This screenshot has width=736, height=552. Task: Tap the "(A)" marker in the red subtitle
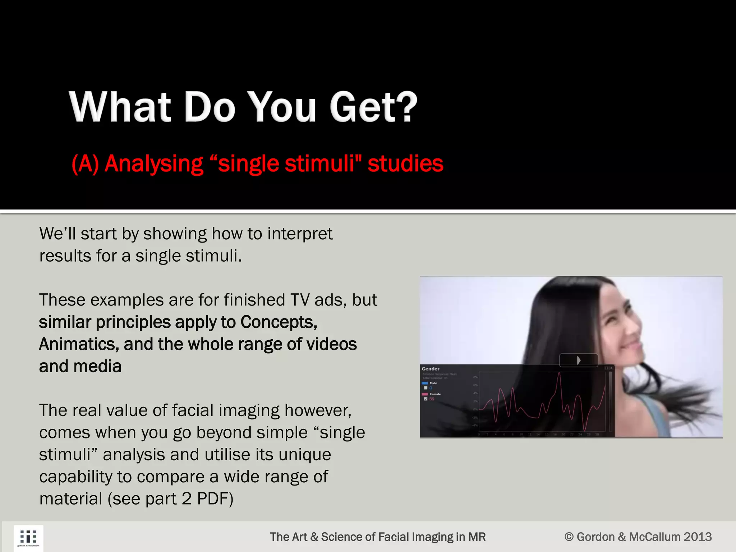pos(85,164)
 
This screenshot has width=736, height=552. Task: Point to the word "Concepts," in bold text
pos(279,322)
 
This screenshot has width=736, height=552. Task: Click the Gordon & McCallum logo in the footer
pos(28,538)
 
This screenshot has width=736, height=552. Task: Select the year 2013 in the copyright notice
pos(697,537)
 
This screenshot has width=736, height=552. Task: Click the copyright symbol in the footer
pos(569,537)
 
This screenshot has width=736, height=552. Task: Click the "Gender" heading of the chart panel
pos(431,369)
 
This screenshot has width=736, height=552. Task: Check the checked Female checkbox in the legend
pos(426,399)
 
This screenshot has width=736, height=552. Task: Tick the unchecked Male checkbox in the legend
pos(426,388)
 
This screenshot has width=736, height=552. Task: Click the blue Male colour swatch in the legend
pos(425,383)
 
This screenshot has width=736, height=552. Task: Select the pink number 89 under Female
pos(432,399)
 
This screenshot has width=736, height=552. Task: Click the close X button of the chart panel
pos(611,368)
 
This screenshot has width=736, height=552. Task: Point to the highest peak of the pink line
pos(560,374)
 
